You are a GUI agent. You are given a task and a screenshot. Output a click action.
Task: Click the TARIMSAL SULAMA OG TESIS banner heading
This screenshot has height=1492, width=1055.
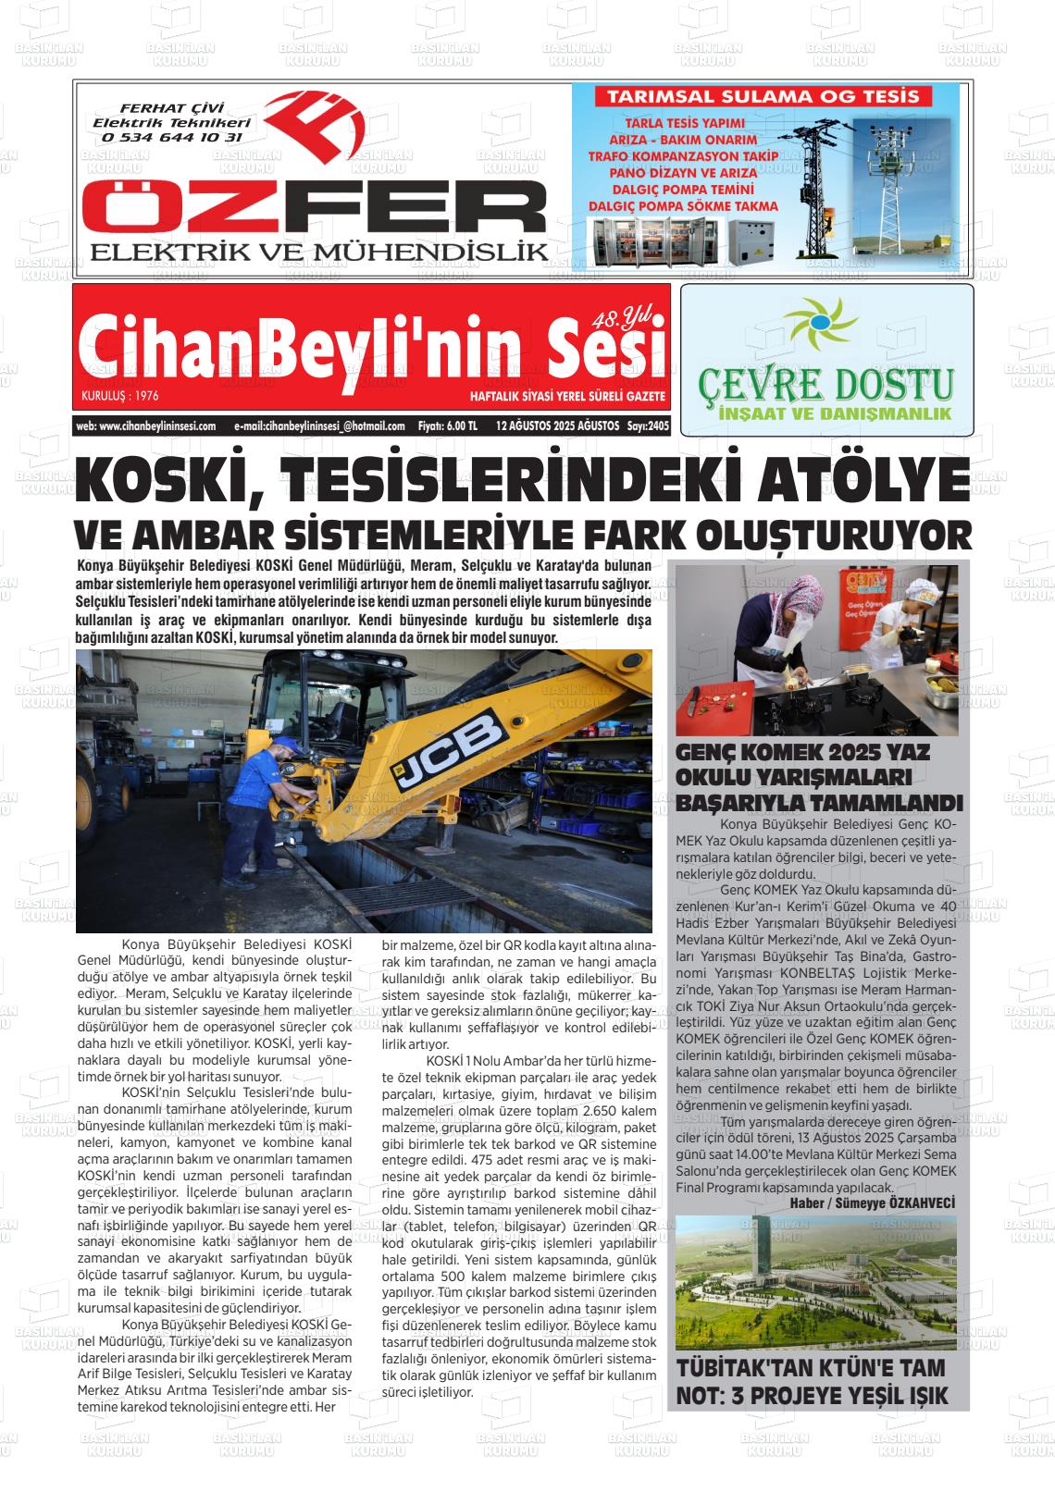point(763,97)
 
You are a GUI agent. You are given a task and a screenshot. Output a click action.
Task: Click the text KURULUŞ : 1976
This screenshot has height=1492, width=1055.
point(120,396)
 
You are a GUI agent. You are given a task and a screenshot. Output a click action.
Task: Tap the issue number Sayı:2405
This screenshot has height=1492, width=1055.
point(647,426)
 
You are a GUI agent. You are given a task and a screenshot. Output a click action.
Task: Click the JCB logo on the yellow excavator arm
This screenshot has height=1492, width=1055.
point(447,750)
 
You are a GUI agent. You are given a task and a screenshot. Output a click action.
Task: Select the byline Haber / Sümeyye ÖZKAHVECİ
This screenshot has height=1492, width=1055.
point(872,1202)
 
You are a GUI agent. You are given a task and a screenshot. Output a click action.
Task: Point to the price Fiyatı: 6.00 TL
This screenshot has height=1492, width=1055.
point(447,426)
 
